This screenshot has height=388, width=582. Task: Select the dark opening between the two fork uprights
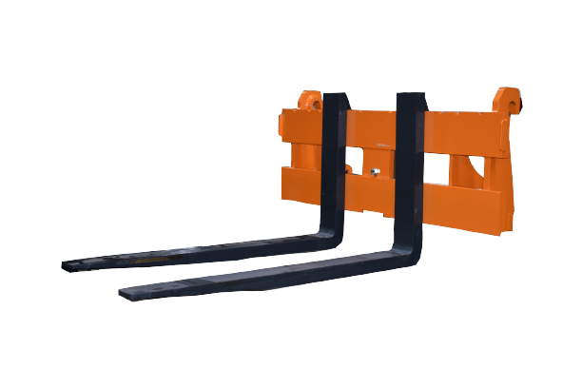click(x=366, y=157)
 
